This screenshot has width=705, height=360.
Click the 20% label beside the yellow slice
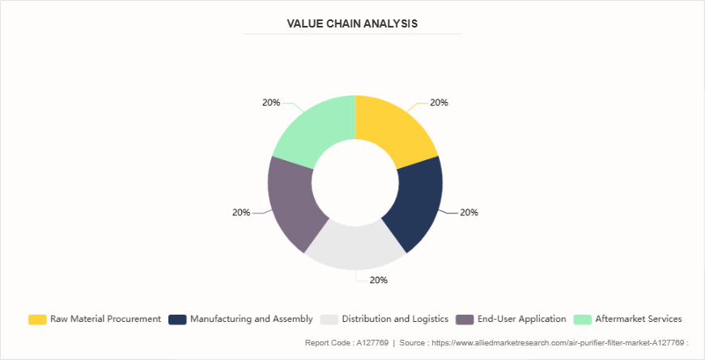click(x=440, y=103)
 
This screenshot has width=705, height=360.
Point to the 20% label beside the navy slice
click(x=469, y=213)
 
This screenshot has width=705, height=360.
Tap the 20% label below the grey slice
click(x=379, y=280)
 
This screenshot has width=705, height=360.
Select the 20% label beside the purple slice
click(x=241, y=213)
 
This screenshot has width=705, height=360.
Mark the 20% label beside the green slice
click(x=271, y=103)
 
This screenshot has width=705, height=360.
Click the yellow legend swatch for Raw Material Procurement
click(x=37, y=319)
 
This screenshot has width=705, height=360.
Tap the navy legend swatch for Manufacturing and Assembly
click(x=177, y=319)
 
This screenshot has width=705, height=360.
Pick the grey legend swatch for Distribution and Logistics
click(x=329, y=319)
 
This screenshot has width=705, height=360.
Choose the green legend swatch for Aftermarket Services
click(x=582, y=319)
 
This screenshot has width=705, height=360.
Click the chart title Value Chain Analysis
click(x=352, y=23)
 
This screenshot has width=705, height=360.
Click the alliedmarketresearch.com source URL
click(x=550, y=343)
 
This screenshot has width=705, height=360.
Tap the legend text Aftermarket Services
click(x=639, y=319)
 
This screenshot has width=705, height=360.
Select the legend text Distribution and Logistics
click(x=395, y=319)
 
